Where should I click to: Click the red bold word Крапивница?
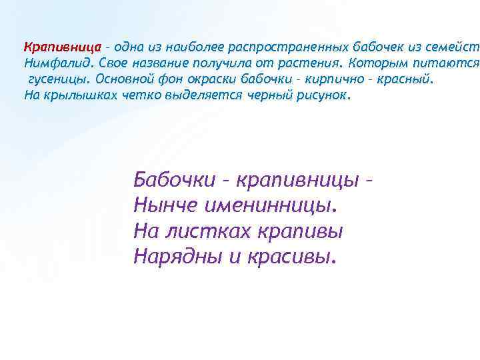tap(62, 47)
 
